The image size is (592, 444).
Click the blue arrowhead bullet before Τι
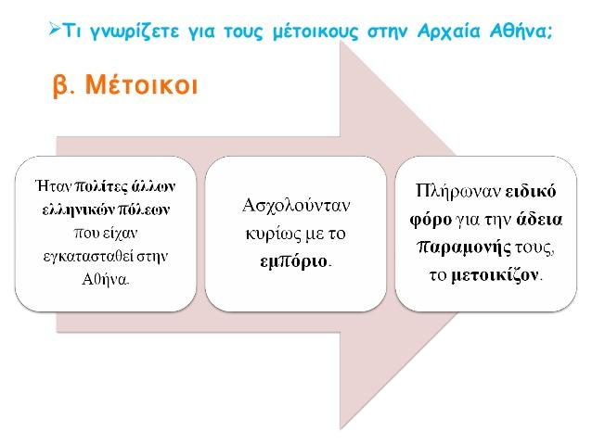[54, 29]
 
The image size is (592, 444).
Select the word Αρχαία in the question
[448, 32]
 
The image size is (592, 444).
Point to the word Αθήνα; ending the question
[521, 31]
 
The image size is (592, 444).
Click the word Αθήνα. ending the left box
[106, 280]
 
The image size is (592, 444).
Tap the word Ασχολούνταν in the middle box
[296, 207]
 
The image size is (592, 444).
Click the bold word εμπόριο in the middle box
[294, 262]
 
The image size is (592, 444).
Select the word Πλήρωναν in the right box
[457, 191]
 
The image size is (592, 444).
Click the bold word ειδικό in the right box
[531, 192]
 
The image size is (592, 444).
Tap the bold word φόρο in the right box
[431, 221]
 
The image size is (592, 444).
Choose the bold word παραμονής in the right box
[464, 248]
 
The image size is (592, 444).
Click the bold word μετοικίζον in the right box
[495, 275]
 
